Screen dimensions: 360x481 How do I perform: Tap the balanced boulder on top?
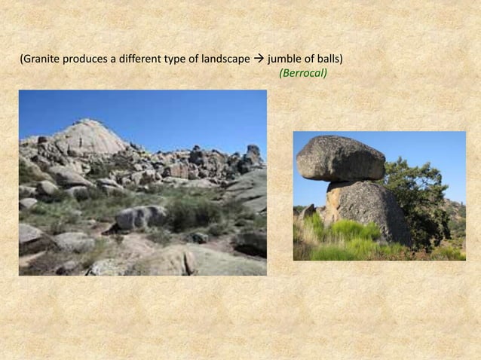[341, 158]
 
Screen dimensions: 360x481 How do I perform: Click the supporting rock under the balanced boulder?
[366, 211]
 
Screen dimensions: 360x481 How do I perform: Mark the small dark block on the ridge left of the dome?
[42, 140]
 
